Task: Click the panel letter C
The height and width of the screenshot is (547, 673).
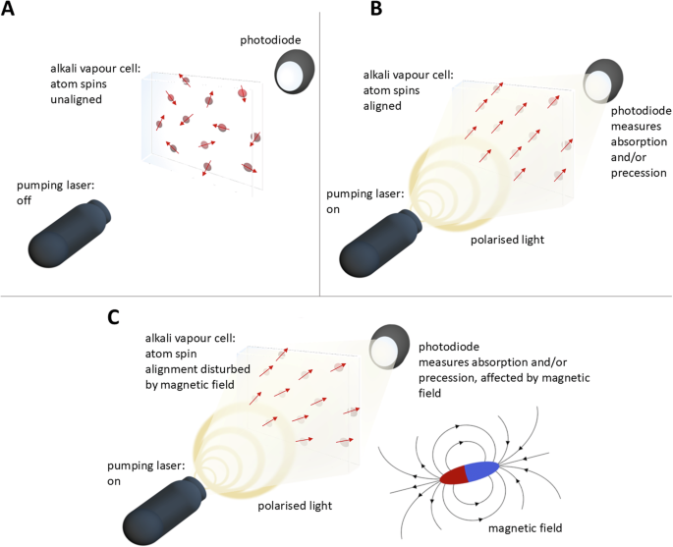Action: (115, 317)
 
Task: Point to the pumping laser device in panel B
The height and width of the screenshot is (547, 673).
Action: (377, 242)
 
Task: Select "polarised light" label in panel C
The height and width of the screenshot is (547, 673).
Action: (294, 506)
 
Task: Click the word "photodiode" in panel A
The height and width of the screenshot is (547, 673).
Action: (269, 39)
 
